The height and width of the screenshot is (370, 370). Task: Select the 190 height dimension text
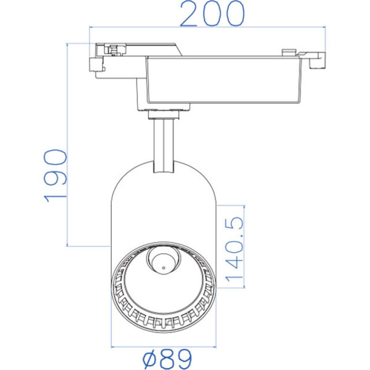[56, 175]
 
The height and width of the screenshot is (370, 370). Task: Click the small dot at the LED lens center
[164, 267]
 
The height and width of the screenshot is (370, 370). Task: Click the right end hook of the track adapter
[317, 60]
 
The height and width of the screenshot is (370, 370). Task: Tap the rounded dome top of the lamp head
[164, 173]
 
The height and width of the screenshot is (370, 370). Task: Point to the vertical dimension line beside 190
[69, 145]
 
